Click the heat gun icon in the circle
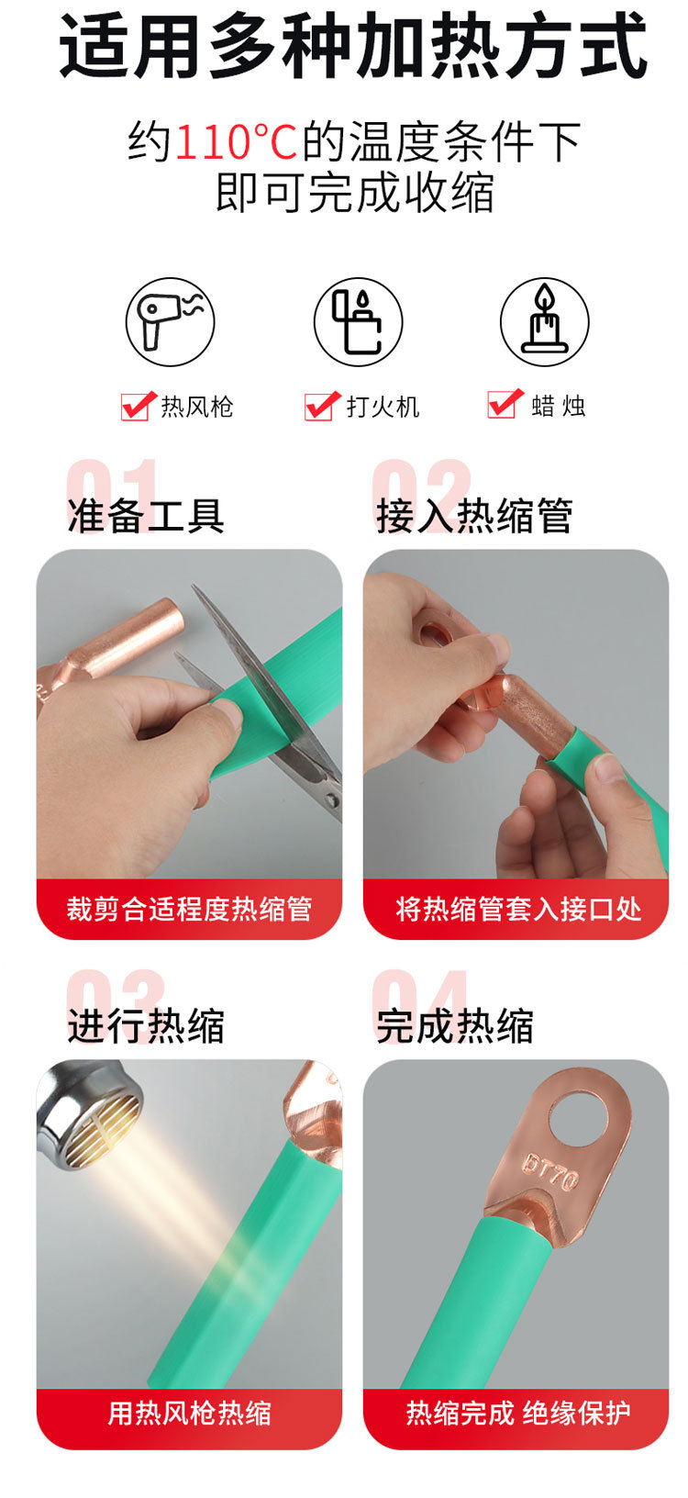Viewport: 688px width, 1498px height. [x=170, y=321]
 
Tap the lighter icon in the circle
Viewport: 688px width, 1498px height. [x=358, y=321]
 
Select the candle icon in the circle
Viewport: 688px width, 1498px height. [x=544, y=321]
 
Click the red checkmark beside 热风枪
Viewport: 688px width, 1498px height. [x=138, y=405]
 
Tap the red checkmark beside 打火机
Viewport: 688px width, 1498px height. [x=322, y=405]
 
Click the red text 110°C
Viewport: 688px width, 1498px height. [x=236, y=142]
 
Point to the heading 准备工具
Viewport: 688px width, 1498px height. [x=146, y=515]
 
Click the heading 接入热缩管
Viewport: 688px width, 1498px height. [x=474, y=515]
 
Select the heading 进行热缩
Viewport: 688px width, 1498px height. [x=146, y=1025]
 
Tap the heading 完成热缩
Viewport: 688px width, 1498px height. [x=455, y=1025]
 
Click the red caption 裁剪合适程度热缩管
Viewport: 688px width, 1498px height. [x=189, y=909]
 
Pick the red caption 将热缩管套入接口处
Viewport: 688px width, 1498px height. [x=518, y=909]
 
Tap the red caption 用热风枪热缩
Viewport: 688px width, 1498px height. [x=189, y=1413]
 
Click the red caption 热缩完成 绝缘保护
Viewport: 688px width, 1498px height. [x=518, y=1413]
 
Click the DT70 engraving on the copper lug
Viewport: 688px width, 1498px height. [x=549, y=1171]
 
